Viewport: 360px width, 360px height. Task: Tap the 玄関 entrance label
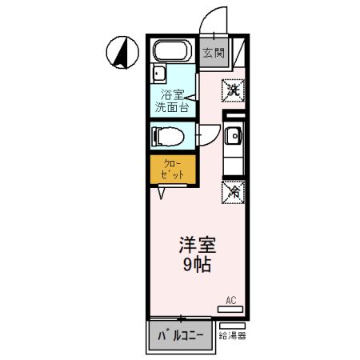pyautogui.click(x=212, y=54)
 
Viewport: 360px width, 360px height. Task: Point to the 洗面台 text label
pyautogui.click(x=171, y=106)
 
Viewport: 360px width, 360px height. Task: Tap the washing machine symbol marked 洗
pyautogui.click(x=233, y=90)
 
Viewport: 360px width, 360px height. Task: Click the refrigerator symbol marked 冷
pyautogui.click(x=234, y=192)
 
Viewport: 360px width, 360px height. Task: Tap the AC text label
pyautogui.click(x=230, y=301)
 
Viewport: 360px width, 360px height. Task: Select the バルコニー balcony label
pyautogui.click(x=181, y=336)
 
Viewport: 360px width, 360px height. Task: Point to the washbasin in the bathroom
pyautogui.click(x=158, y=78)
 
